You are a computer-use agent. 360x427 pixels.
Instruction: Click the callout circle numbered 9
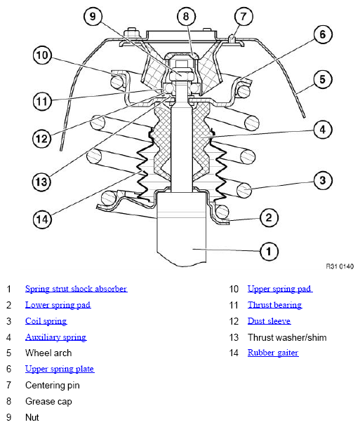pyautogui.click(x=93, y=16)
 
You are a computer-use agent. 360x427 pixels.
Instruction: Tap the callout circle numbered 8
pyautogui.click(x=186, y=16)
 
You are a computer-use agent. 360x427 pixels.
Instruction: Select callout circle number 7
pyautogui.click(x=244, y=16)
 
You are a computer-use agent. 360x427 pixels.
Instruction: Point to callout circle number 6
pyautogui.click(x=323, y=34)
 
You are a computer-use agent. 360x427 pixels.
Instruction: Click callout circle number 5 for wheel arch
pyautogui.click(x=323, y=79)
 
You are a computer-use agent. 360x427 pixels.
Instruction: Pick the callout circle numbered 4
pyautogui.click(x=323, y=130)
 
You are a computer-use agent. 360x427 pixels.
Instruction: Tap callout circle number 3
pyautogui.click(x=323, y=180)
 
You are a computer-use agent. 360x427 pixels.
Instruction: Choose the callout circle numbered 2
pyautogui.click(x=269, y=217)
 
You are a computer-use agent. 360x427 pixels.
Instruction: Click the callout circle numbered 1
pyautogui.click(x=269, y=251)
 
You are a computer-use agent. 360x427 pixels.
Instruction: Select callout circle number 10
pyautogui.click(x=42, y=55)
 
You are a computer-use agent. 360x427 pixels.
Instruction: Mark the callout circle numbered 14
pyautogui.click(x=42, y=219)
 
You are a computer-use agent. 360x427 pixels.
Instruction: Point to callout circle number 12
pyautogui.click(x=41, y=139)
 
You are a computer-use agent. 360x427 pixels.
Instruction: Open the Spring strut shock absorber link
pyautogui.click(x=76, y=289)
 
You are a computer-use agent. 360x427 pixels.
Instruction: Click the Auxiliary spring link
pyautogui.click(x=56, y=337)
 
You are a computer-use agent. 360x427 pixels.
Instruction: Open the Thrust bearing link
pyautogui.click(x=274, y=305)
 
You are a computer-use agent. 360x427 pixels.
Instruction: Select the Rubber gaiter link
pyautogui.click(x=273, y=353)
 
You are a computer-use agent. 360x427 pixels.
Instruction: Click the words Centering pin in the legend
pyautogui.click(x=53, y=386)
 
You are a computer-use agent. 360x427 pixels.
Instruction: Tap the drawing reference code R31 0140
pyautogui.click(x=340, y=266)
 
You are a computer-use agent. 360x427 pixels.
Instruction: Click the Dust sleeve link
pyautogui.click(x=269, y=321)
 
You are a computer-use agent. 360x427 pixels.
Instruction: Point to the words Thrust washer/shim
pyautogui.click(x=287, y=337)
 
